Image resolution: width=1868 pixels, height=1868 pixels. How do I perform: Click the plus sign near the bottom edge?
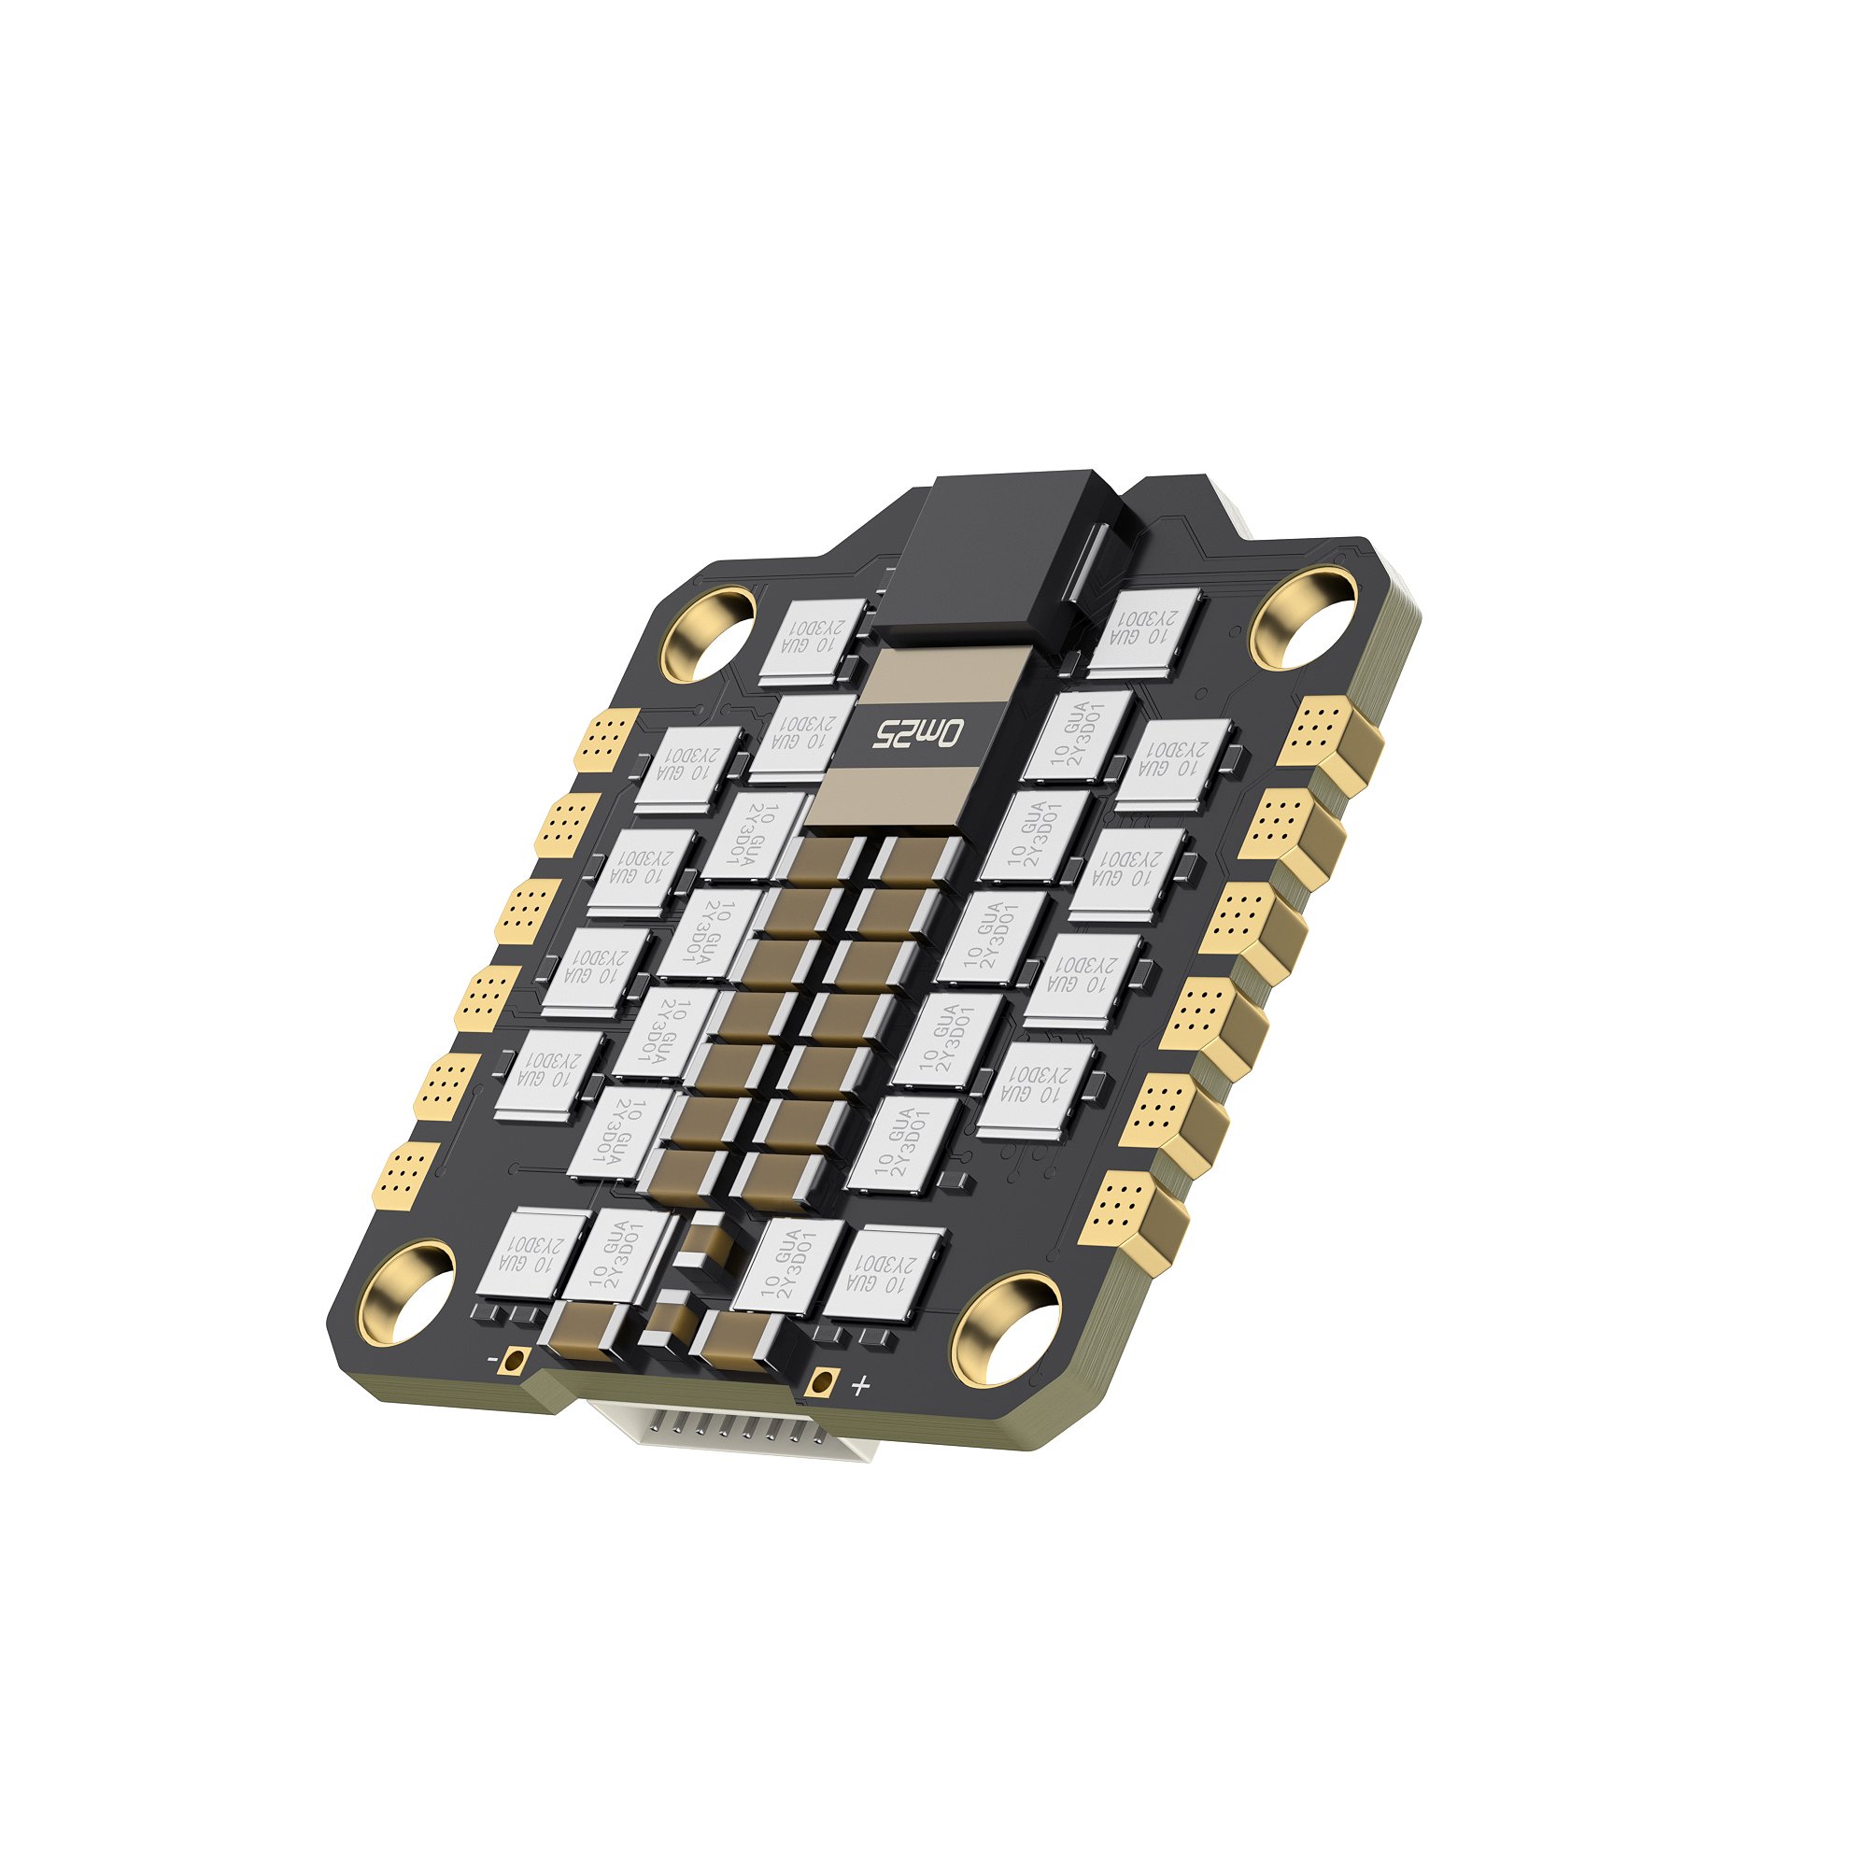tap(859, 1386)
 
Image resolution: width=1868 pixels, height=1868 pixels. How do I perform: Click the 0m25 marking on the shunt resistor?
tap(919, 734)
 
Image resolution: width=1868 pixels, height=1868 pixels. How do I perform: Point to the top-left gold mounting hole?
tap(709, 632)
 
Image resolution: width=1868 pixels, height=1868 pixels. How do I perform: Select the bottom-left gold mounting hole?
tap(408, 1292)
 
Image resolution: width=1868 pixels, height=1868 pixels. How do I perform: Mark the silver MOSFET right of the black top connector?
tap(1145, 632)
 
